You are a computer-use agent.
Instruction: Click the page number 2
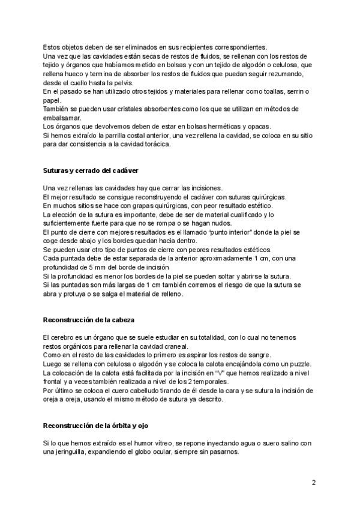(314, 482)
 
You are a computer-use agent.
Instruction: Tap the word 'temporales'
(199, 382)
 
